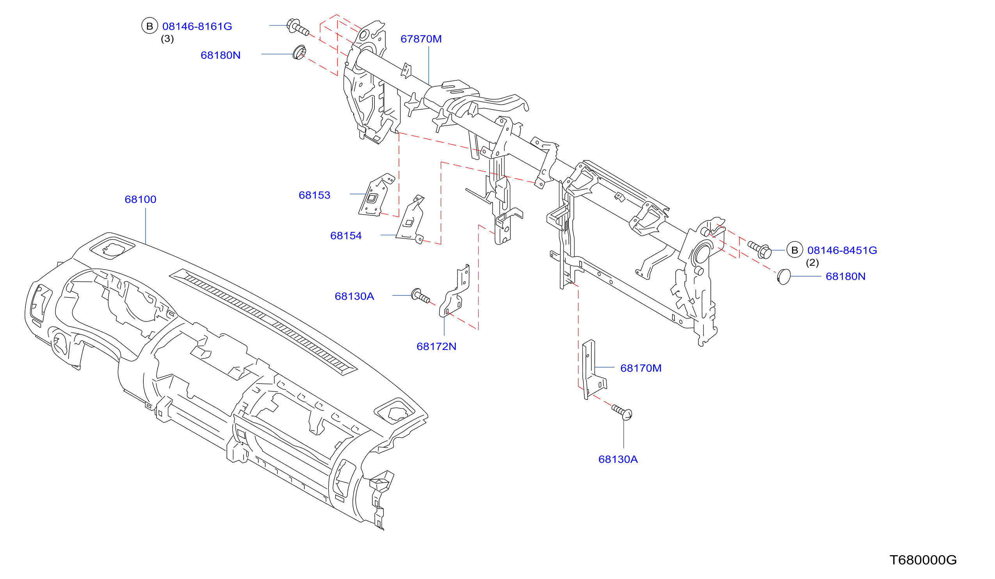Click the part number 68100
pyautogui.click(x=141, y=199)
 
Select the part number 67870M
pyautogui.click(x=421, y=39)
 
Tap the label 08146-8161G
pyautogui.click(x=197, y=27)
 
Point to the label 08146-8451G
pyautogui.click(x=842, y=250)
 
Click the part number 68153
pyautogui.click(x=314, y=195)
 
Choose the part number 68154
pyautogui.click(x=346, y=236)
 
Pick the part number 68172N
pyautogui.click(x=436, y=346)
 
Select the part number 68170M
pyautogui.click(x=641, y=368)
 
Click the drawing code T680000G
pyautogui.click(x=923, y=560)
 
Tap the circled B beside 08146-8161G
pyautogui.click(x=150, y=26)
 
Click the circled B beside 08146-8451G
pyautogui.click(x=794, y=250)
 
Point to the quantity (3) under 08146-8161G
pyautogui.click(x=167, y=39)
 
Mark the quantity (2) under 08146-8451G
pyautogui.click(x=812, y=263)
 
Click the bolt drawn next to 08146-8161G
pyautogui.click(x=297, y=27)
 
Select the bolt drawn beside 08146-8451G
pyautogui.click(x=760, y=250)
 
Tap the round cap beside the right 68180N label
pyautogui.click(x=784, y=277)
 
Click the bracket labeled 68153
pyautogui.click(x=376, y=195)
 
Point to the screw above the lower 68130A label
pyautogui.click(x=622, y=412)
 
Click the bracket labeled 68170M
pyautogui.click(x=592, y=369)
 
